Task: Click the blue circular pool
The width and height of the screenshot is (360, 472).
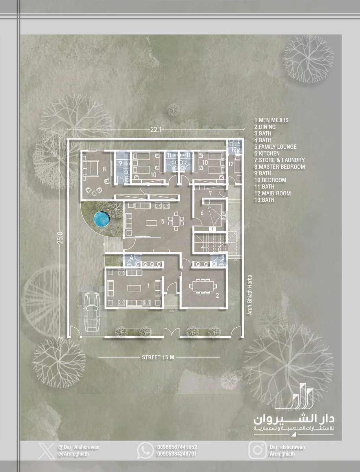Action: click(x=102, y=219)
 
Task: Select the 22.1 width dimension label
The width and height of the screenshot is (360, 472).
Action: click(x=156, y=129)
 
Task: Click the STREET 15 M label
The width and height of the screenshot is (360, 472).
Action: click(x=158, y=358)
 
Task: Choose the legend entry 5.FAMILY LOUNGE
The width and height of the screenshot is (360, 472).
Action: click(x=275, y=147)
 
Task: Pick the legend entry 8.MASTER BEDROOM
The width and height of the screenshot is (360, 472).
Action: click(x=280, y=167)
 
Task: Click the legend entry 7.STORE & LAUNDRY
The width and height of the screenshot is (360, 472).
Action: click(x=280, y=160)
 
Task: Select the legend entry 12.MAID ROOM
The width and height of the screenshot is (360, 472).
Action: click(x=273, y=194)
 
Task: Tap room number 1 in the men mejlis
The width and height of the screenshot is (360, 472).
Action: click(x=148, y=286)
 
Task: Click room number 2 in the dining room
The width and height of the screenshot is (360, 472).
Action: click(x=218, y=295)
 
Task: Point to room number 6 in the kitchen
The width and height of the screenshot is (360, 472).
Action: click(x=202, y=213)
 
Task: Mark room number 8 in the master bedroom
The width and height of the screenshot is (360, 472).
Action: click(x=104, y=169)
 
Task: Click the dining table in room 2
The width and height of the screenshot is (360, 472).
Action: click(x=203, y=286)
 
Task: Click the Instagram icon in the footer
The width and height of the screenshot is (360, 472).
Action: click(x=258, y=450)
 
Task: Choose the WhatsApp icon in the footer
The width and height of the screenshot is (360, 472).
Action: click(x=146, y=450)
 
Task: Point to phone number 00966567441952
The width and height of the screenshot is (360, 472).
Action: click(x=177, y=447)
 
